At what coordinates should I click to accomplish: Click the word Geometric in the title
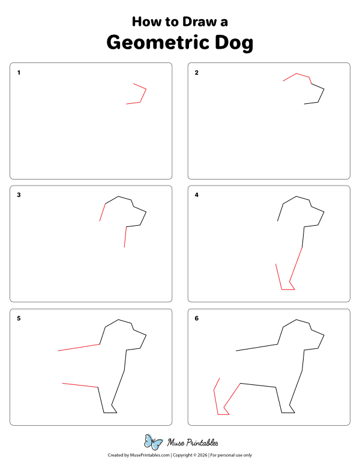pos(155,43)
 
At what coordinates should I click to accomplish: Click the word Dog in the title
pos(230,43)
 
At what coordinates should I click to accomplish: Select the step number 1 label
pos(19,73)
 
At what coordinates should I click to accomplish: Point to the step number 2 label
pos(197,73)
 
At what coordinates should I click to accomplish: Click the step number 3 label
pos(19,195)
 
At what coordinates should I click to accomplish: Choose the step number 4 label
pos(197,195)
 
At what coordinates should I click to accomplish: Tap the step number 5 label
pos(19,318)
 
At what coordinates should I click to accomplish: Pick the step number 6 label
pos(197,318)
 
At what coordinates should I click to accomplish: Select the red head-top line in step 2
pos(296,75)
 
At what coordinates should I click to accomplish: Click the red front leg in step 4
pos(296,264)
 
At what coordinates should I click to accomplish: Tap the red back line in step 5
pos(79,348)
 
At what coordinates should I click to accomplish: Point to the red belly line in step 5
pos(80,385)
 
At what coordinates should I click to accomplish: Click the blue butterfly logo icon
pos(154,443)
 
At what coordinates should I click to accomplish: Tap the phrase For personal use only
pos(230,455)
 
